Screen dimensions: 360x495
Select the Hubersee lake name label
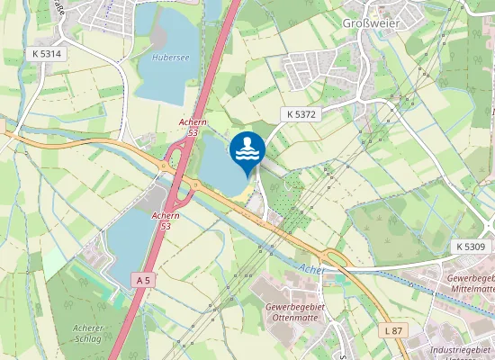169,57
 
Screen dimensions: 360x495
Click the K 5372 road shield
302,114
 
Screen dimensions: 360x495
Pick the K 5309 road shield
470,246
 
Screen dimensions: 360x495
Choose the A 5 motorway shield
142,282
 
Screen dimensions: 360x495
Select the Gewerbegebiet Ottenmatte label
284,312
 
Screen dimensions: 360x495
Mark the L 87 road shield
393,331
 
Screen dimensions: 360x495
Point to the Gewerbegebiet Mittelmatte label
472,284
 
